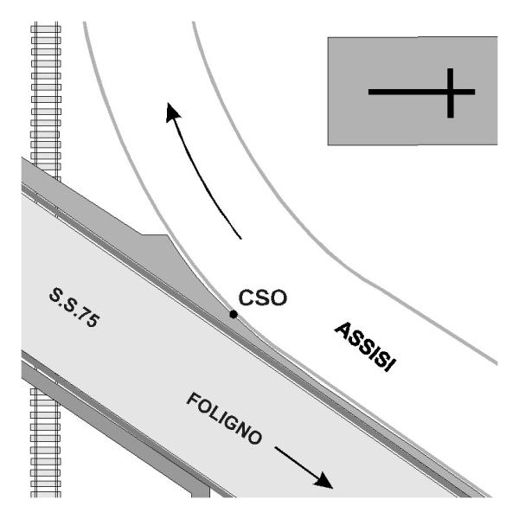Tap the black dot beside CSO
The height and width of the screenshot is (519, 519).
coord(233,314)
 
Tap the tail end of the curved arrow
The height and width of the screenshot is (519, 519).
coord(241,237)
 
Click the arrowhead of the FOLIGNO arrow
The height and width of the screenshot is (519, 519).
coord(324,481)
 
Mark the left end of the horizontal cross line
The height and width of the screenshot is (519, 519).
coord(370,91)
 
